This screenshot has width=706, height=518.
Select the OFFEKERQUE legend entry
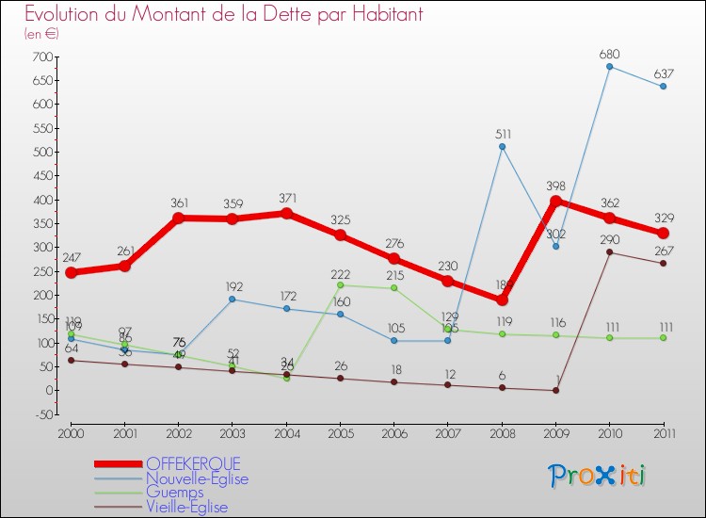[x=193, y=464]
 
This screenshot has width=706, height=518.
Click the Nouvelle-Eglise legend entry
[x=197, y=478]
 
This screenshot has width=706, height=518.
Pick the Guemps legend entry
[x=174, y=493]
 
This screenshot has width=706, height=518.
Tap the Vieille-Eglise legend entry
[x=186, y=507]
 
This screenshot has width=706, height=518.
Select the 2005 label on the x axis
[x=341, y=432]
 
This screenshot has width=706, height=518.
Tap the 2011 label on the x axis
[x=664, y=432]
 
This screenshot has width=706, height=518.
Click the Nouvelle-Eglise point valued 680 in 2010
[x=610, y=66]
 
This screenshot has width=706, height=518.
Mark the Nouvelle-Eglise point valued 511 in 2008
[x=502, y=147]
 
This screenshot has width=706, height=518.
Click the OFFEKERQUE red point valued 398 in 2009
[x=555, y=201]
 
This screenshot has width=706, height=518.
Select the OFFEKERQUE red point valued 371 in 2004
[x=286, y=214]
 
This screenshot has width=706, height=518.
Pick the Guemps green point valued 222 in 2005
[x=340, y=284]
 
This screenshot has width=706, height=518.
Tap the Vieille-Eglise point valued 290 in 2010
[x=610, y=251]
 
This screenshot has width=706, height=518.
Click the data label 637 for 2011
[x=664, y=73]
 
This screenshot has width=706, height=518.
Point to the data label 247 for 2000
[x=71, y=257]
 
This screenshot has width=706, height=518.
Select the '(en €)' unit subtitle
[x=42, y=34]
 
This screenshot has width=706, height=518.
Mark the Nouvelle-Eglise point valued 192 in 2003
[x=233, y=299]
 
